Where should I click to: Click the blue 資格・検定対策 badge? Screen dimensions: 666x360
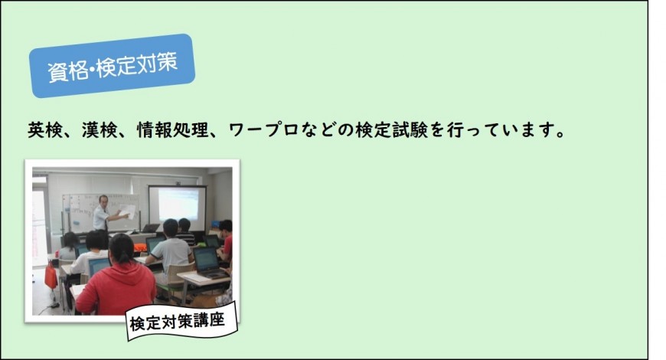(112, 65)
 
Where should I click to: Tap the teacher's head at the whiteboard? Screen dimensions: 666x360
(103, 200)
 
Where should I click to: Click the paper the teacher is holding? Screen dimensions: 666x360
(128, 211)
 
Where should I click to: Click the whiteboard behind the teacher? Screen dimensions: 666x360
(100, 212)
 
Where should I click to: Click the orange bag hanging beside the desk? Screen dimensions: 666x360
(51, 276)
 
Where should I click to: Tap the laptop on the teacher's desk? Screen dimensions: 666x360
(151, 228)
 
